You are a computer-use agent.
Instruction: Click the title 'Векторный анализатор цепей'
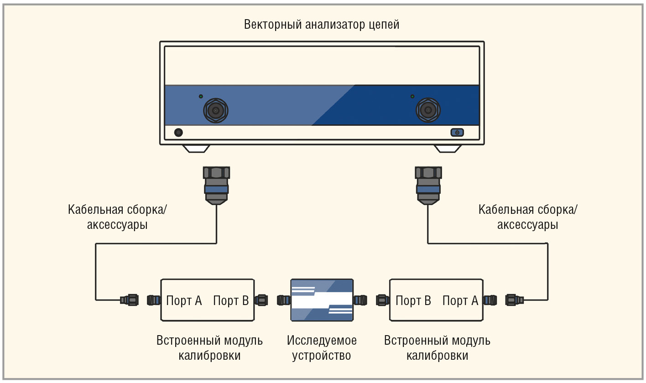(x=322, y=24)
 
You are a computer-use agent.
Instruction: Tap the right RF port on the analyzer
(x=428, y=110)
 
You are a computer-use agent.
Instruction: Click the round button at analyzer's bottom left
(x=179, y=132)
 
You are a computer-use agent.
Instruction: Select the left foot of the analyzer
(x=196, y=149)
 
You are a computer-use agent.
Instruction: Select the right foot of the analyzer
(x=448, y=149)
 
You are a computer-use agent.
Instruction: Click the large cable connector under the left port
(x=216, y=185)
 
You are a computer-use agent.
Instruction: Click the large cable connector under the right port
(x=428, y=185)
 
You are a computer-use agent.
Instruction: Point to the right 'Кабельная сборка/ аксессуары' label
(x=528, y=217)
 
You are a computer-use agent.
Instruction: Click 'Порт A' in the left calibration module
(x=184, y=300)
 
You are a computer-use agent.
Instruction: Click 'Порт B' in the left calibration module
(x=231, y=300)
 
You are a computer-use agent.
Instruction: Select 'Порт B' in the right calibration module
(x=413, y=300)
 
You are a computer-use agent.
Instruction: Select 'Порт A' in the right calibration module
(x=460, y=300)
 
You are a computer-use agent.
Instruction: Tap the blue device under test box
(x=322, y=300)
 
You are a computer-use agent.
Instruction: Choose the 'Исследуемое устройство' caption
(x=322, y=348)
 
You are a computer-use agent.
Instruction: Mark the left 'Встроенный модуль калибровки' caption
(x=209, y=348)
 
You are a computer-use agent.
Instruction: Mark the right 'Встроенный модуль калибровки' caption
(x=437, y=348)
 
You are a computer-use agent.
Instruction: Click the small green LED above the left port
(x=201, y=97)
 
